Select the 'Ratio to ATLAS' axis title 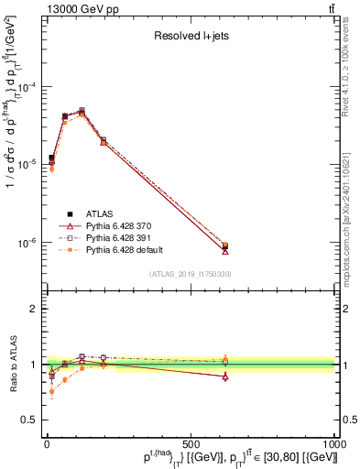point(11,365)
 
